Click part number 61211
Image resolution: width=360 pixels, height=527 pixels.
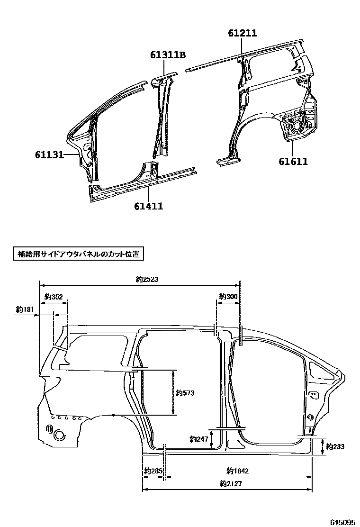pos(242,33)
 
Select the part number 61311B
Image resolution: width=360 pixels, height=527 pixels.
pos(168,55)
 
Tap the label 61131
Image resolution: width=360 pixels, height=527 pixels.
pos(49,154)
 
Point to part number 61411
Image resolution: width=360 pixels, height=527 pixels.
pos(148,206)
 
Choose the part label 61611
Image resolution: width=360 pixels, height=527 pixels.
pos(293,162)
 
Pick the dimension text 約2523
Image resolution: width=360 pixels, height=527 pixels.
pos(146,280)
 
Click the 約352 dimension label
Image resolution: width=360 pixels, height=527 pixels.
pos(54,297)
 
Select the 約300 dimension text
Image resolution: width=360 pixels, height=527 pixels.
pos(228,296)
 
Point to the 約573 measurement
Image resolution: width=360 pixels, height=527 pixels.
pos(185,393)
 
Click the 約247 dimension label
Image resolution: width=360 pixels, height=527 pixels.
pos(198,439)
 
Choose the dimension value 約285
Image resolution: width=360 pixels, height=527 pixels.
pos(153,471)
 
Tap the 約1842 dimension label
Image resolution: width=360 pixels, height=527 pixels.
pos(238,471)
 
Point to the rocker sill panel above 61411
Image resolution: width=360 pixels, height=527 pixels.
pos(142,182)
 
